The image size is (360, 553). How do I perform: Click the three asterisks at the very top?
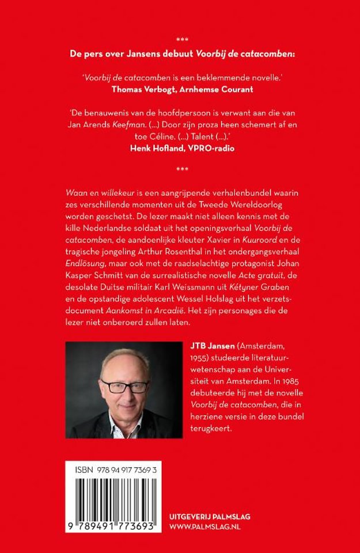(181, 40)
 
